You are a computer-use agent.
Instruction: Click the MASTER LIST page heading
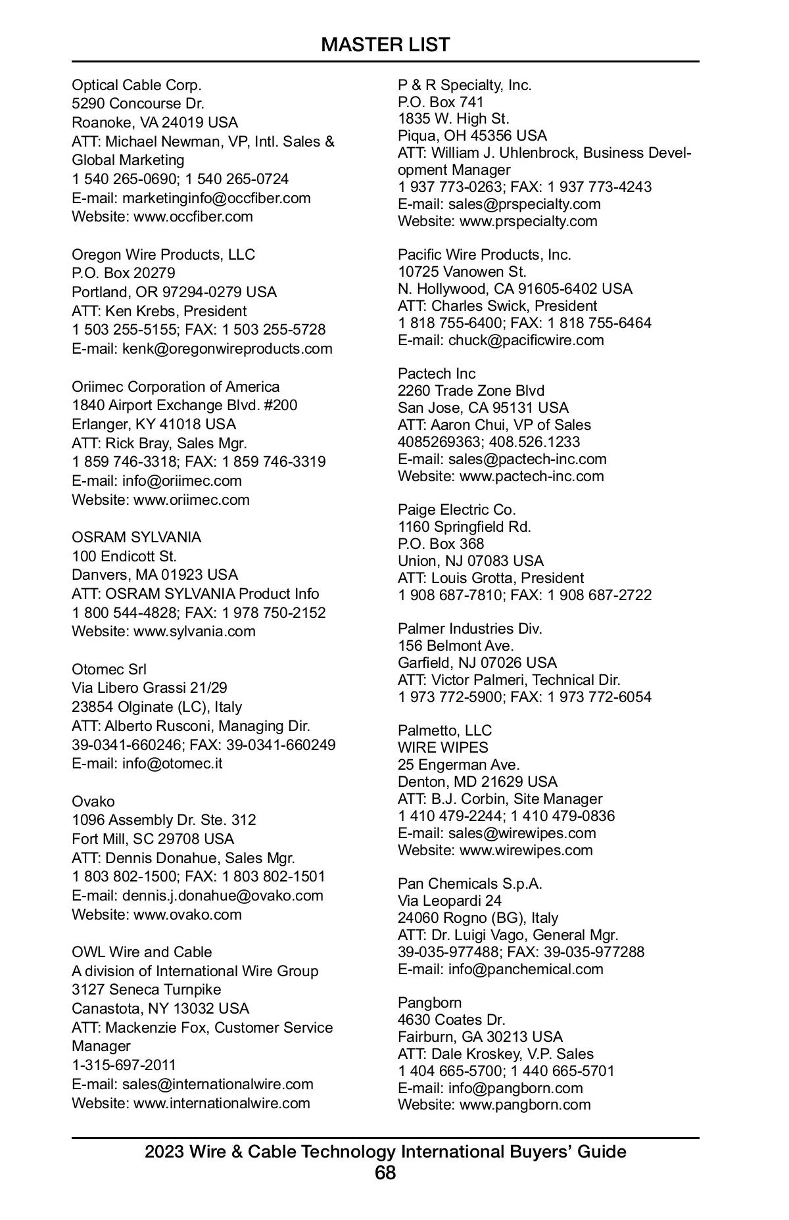385,45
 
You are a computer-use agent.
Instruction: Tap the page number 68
385,1173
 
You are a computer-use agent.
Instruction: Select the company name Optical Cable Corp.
137,85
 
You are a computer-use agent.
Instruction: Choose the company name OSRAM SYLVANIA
137,538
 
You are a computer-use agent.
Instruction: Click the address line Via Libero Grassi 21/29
149,688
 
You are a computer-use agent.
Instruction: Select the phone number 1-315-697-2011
124,1065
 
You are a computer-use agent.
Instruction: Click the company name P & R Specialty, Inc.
465,85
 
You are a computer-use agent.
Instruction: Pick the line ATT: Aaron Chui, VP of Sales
494,425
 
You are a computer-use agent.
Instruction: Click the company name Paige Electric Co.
457,510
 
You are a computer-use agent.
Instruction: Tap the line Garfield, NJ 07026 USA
477,663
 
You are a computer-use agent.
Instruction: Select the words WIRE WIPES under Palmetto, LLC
443,748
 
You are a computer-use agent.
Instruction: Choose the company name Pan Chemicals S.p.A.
470,884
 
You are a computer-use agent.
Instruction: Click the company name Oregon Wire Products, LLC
163,255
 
